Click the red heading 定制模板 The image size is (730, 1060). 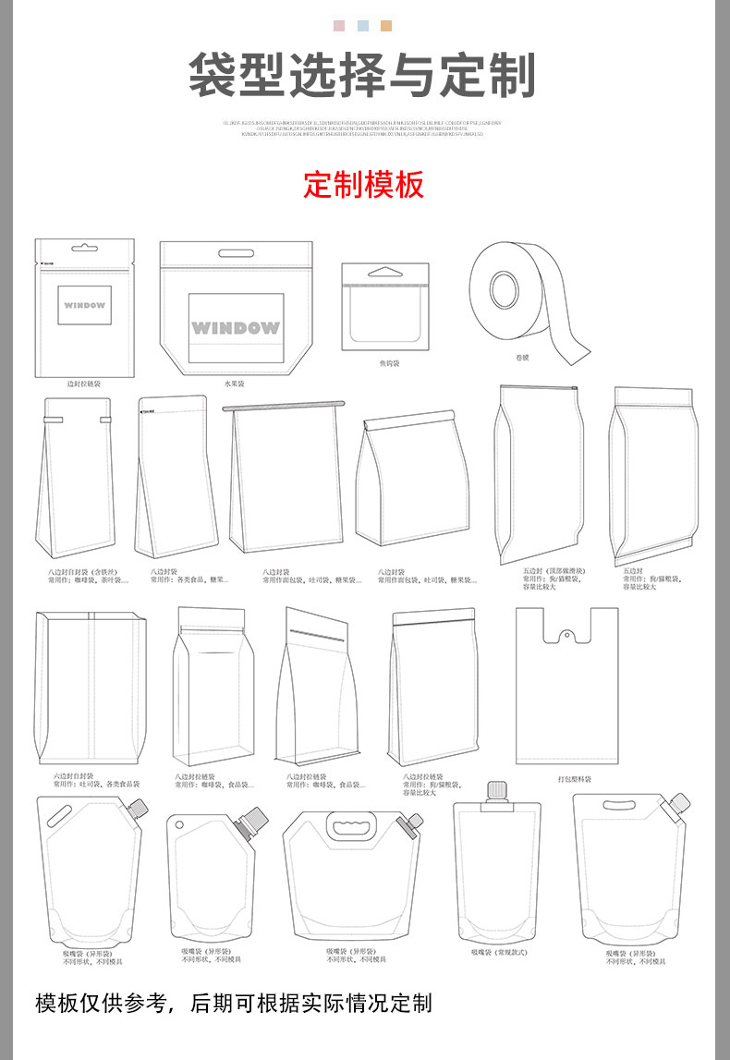coord(364,185)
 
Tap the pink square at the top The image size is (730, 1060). coord(339,26)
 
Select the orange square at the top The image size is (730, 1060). coord(386,26)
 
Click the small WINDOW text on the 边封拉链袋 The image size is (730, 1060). coord(85,305)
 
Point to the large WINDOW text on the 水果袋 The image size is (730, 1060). coord(235,328)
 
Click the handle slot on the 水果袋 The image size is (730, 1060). coord(236,253)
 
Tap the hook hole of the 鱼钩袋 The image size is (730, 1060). coord(385,273)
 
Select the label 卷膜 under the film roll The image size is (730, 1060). coord(523,358)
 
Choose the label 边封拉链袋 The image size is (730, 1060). coord(84,383)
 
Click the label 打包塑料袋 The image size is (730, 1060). coord(575,779)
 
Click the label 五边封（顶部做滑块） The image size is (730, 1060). coord(554,571)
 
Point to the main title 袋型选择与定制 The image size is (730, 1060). coord(363,76)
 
